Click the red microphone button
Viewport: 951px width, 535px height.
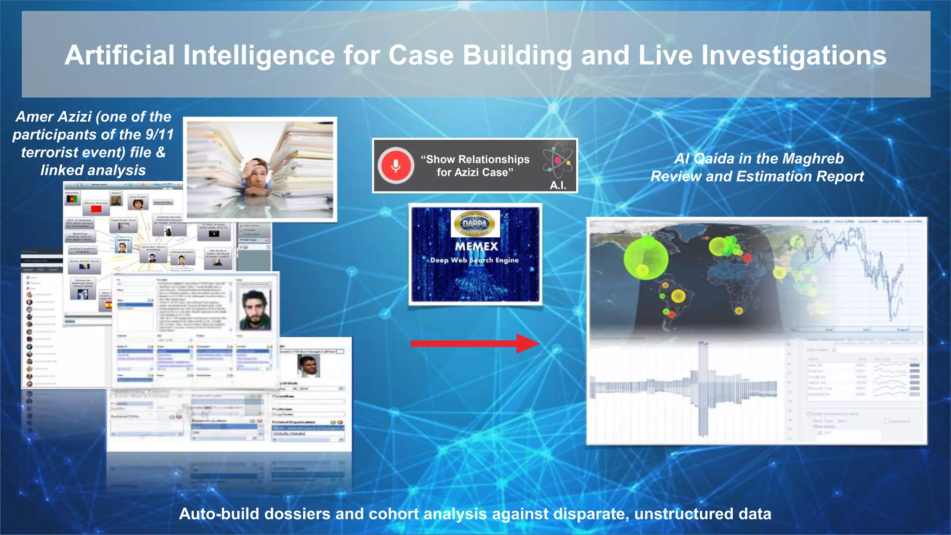pyautogui.click(x=396, y=166)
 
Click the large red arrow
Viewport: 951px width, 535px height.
pyautogui.click(x=474, y=344)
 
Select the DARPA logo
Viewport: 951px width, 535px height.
pyautogui.click(x=475, y=223)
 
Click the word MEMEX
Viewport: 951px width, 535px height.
pyautogui.click(x=476, y=246)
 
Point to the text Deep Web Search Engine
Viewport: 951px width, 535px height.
pyautogui.click(x=474, y=260)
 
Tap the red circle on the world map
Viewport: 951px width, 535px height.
pyautogui.click(x=747, y=258)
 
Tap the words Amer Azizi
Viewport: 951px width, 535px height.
pyautogui.click(x=54, y=117)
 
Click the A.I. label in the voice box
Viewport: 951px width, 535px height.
pyautogui.click(x=558, y=185)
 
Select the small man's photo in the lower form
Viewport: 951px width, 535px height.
pyautogui.click(x=308, y=366)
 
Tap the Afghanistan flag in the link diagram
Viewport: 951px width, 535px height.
pyautogui.click(x=72, y=199)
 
